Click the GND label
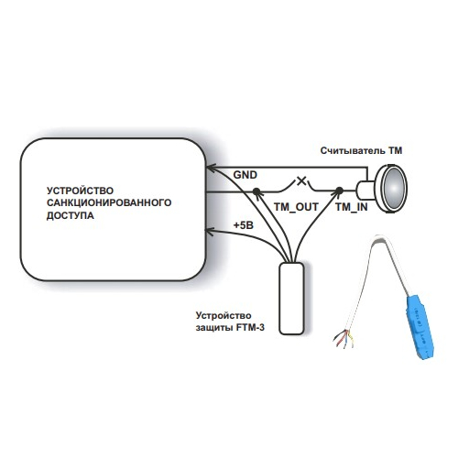(x=245, y=175)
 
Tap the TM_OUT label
(x=296, y=207)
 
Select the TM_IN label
(x=352, y=207)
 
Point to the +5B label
(x=244, y=225)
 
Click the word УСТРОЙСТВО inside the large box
(x=80, y=191)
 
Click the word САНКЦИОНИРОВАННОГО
(x=109, y=202)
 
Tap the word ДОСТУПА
(x=71, y=215)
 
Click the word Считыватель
(x=353, y=150)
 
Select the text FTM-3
(x=250, y=328)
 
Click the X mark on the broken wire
(x=301, y=180)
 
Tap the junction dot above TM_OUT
(x=256, y=191)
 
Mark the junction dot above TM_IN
(x=339, y=191)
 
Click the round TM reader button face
(x=395, y=188)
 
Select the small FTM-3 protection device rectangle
(x=291, y=299)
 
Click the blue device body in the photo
(x=420, y=327)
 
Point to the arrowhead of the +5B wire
(x=210, y=232)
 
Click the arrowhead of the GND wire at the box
(x=210, y=167)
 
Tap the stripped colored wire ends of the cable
(x=343, y=339)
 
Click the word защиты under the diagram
(x=214, y=328)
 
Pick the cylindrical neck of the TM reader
(x=365, y=191)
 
